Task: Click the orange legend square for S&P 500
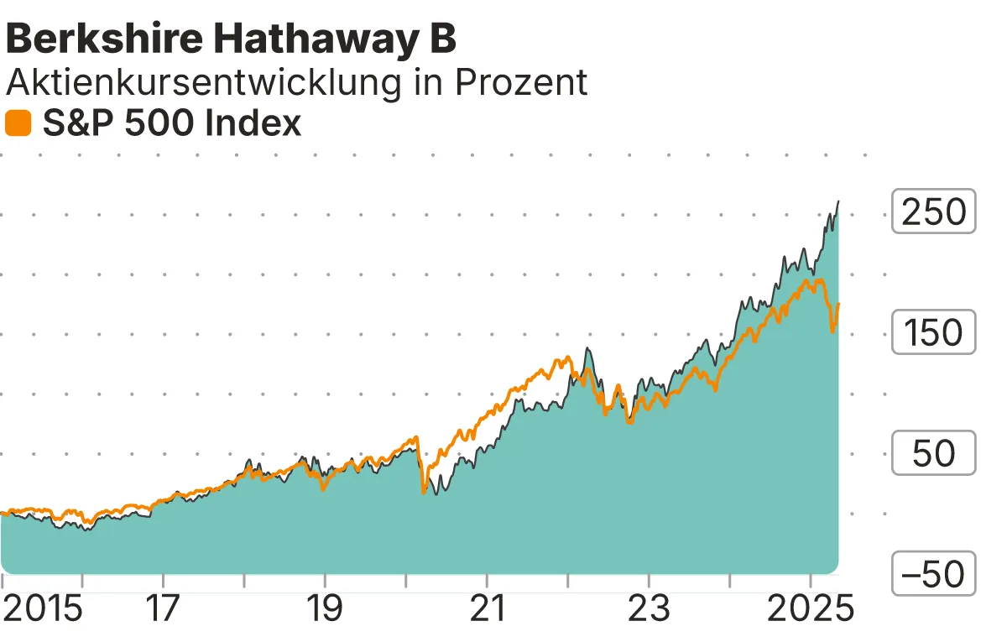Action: pos(18,124)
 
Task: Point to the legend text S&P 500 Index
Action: pos(171,124)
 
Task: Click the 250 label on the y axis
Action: pos(933,212)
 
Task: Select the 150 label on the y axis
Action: pos(933,333)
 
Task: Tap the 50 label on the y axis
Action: pos(933,454)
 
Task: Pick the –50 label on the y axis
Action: pos(933,575)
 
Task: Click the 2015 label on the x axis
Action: pos(42,608)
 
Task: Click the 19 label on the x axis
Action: pos(325,608)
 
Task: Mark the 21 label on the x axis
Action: pos(487,608)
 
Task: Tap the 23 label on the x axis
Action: pos(649,608)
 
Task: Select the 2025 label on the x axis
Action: pos(810,608)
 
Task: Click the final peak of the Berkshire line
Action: pos(838,201)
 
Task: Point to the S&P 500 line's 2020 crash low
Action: pos(424,493)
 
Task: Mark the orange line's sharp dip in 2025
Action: pos(832,332)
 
